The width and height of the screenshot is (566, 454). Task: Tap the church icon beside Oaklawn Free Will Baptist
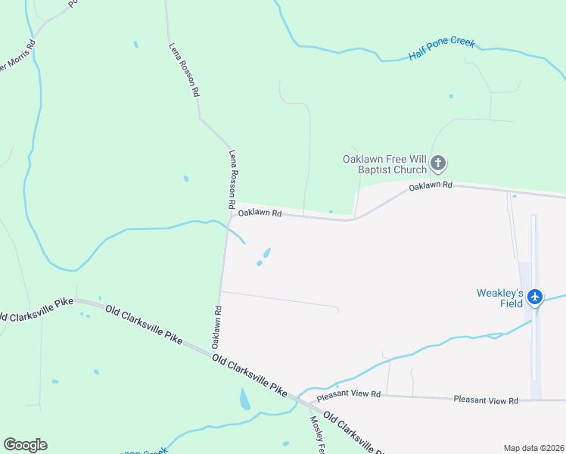[x=438, y=163]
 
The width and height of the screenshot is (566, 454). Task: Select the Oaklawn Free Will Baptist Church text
[x=384, y=164]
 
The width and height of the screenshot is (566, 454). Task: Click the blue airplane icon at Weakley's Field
[x=536, y=297]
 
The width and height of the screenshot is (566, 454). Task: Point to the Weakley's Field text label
[x=499, y=297]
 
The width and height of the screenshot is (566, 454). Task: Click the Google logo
[x=25, y=445]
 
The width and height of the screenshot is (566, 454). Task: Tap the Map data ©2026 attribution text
[x=533, y=447]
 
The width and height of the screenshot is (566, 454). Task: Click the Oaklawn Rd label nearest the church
[x=431, y=185]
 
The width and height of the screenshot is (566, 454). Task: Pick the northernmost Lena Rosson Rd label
[x=184, y=69]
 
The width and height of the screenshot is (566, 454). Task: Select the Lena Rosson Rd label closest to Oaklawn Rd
[x=232, y=179]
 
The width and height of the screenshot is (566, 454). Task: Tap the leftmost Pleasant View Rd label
[x=349, y=395]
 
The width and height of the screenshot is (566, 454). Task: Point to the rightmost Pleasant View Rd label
[x=486, y=400]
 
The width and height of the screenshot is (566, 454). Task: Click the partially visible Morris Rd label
[x=17, y=59]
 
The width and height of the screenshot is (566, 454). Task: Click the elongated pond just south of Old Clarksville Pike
[x=244, y=399]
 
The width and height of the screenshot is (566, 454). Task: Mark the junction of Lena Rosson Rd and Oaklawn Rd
[x=230, y=212]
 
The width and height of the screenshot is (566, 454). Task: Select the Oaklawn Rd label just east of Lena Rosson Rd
[x=260, y=214]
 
